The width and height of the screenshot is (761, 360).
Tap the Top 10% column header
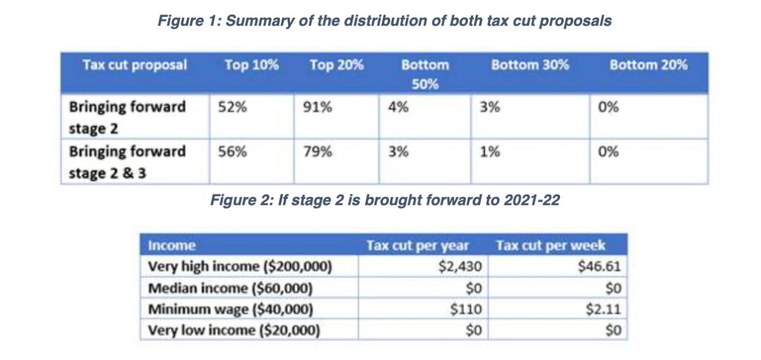coord(252,65)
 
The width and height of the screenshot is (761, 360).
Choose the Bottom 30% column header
coord(530,65)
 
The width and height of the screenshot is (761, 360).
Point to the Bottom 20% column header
coord(648,65)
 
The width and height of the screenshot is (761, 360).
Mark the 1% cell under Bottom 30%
coord(489,152)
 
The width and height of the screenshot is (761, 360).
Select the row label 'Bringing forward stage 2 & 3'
coord(127,161)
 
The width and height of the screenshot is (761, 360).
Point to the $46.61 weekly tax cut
coord(599,267)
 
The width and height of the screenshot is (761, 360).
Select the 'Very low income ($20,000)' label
coord(233,330)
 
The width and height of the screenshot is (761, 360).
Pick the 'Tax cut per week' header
coord(550,245)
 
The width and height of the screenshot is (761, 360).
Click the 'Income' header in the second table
coord(171,245)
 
